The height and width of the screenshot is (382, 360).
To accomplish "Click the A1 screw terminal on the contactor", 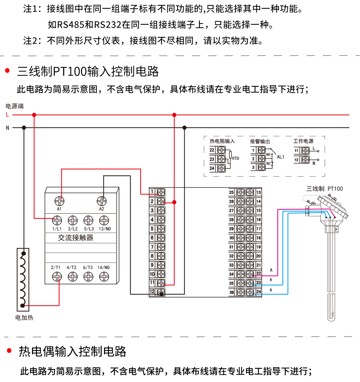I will point(59,201).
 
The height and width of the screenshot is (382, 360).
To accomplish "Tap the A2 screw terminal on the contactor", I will point(102,201).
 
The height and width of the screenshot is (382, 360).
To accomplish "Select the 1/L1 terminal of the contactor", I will point(57,220).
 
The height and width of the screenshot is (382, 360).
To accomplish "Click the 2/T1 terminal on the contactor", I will point(57,276).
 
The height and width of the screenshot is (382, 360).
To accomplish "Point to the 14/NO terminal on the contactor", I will point(104,276).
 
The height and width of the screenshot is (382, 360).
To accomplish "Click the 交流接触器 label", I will point(76,238).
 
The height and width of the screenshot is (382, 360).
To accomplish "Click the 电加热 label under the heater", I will point(24,318).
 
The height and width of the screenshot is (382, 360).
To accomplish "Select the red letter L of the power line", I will point(7,115).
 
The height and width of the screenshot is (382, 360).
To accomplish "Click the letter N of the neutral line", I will point(7,128).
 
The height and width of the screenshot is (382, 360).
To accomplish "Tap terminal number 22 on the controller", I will point(258,274).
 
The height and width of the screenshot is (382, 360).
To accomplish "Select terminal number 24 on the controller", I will point(258,292).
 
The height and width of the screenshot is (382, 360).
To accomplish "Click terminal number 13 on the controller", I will point(258,192).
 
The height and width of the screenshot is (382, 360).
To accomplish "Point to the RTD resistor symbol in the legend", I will point(230,155).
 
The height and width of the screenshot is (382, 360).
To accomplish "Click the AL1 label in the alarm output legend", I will point(280,157).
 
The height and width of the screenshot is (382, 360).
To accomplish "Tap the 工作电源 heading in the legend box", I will point(303,141).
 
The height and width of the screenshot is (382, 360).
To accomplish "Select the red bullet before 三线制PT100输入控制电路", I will point(8,71).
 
